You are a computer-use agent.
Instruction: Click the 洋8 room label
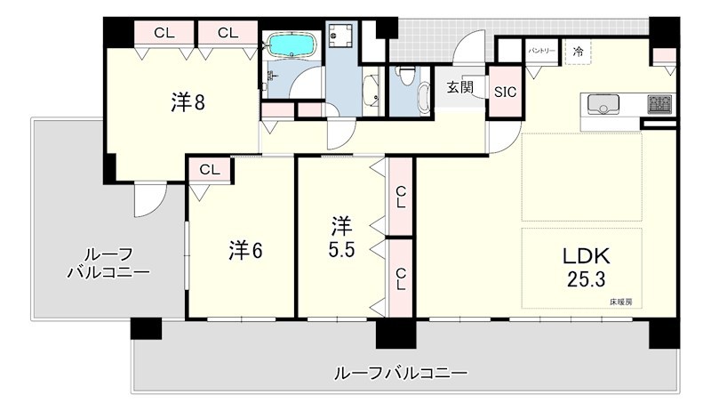(x=188, y=103)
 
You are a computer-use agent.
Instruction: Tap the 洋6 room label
(x=245, y=251)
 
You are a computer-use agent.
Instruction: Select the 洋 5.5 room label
(x=342, y=236)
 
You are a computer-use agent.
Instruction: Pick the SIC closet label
(x=505, y=91)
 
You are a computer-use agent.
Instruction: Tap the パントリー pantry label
(x=541, y=52)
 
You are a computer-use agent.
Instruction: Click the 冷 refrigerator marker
(x=579, y=52)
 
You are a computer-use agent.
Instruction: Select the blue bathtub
(x=293, y=44)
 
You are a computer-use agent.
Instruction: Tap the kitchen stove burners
(x=659, y=104)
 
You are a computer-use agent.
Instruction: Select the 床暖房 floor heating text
(x=621, y=302)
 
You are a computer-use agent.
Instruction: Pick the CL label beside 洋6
(x=210, y=169)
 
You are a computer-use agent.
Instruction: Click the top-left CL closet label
(x=164, y=33)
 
